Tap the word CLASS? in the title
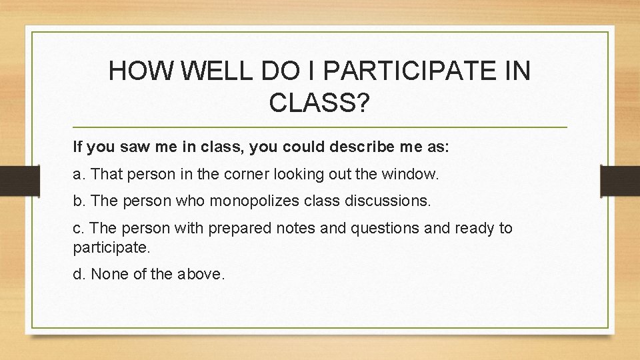(x=319, y=103)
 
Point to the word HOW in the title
(x=138, y=71)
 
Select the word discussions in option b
(x=385, y=200)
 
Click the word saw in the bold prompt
(x=130, y=146)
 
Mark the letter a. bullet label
(x=79, y=175)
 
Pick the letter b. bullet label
(x=79, y=200)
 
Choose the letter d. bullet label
(x=79, y=273)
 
